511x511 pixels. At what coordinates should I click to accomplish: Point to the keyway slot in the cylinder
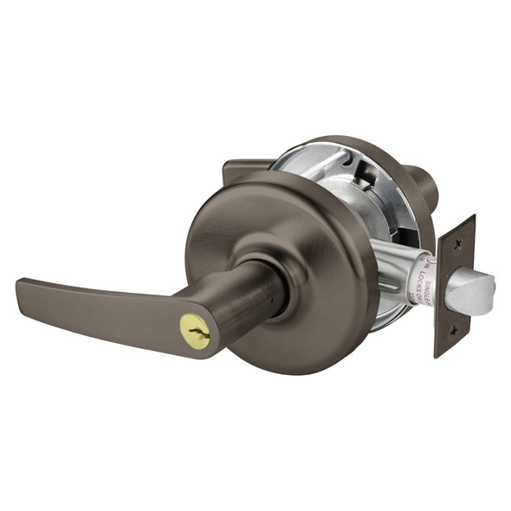[192, 327]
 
